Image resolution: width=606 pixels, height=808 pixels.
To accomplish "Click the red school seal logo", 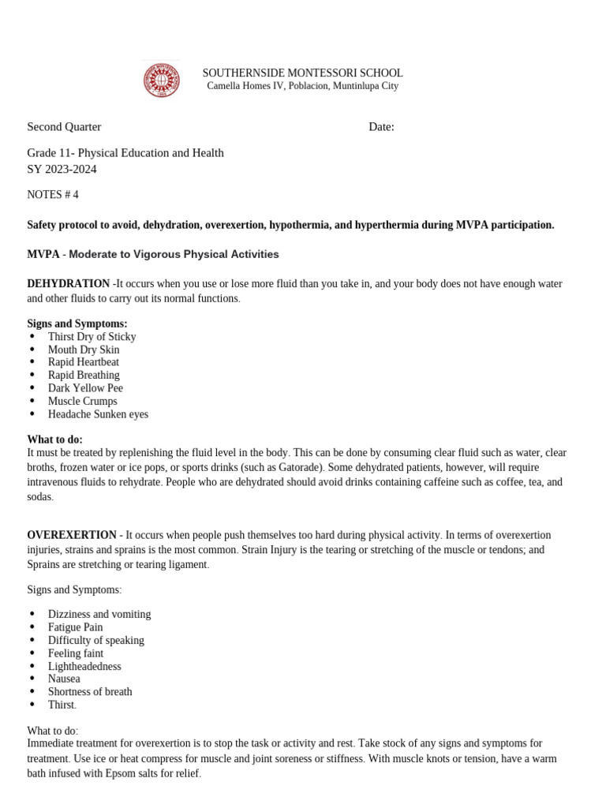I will coord(161,80).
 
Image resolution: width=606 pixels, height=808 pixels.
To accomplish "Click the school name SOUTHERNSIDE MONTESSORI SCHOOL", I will coord(302,73).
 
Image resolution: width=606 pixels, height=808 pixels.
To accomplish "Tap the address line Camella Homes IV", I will coord(302,86).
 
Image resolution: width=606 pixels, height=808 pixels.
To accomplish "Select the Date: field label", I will coord(381,127).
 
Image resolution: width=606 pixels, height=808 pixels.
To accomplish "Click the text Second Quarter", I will coord(64,127).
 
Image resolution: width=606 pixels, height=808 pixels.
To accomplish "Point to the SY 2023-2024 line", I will coord(62,169).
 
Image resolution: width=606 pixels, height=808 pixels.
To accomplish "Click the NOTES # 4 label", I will coord(53,194).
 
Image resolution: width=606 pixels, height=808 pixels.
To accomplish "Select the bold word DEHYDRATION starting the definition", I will coord(69,283).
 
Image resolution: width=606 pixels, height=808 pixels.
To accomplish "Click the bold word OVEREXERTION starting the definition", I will coord(73,535).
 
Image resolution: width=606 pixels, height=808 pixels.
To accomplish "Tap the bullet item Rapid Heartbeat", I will coord(84,362).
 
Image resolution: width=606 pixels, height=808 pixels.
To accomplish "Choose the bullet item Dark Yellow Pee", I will coord(85,388).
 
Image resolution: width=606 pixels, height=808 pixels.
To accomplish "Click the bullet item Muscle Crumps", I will coord(82,401).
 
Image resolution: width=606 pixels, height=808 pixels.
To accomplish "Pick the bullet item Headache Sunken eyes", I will coord(98,414).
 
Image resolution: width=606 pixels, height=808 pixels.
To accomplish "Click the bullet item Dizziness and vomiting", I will coord(99,614).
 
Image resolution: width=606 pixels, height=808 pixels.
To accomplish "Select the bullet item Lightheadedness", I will coord(84,666).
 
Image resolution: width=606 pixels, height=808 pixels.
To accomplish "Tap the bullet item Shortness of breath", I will coord(90,692).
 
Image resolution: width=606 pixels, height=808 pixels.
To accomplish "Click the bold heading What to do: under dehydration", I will coord(55,440).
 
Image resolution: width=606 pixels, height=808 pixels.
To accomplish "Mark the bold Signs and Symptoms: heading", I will coord(77,324).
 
